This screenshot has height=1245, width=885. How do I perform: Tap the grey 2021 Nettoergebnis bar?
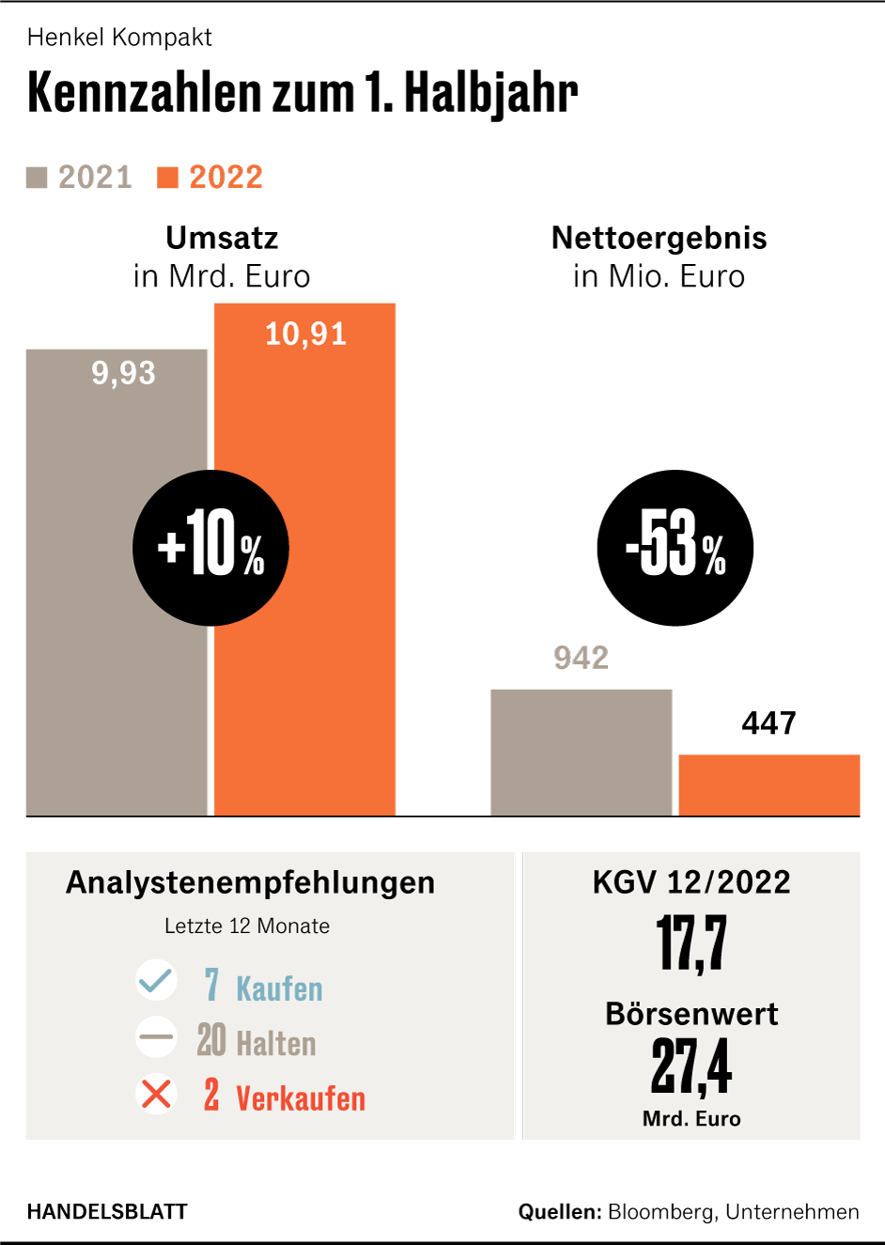click(581, 752)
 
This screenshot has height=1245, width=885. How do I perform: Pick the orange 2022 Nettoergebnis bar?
click(769, 785)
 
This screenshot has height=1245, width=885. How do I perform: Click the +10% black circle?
click(210, 548)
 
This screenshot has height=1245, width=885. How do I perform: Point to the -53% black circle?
click(675, 548)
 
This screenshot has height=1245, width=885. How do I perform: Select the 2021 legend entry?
click(80, 177)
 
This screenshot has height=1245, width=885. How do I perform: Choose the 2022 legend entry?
click(210, 177)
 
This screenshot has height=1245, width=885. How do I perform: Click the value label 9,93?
click(123, 373)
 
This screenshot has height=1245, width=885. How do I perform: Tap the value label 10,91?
click(305, 334)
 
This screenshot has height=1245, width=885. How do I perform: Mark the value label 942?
click(581, 658)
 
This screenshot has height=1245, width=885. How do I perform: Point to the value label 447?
click(769, 723)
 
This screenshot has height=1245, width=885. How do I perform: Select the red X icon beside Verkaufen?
click(156, 1094)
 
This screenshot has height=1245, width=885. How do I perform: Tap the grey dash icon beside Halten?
click(156, 1038)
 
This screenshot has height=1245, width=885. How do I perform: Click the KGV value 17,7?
click(691, 943)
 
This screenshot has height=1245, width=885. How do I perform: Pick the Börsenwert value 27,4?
click(691, 1066)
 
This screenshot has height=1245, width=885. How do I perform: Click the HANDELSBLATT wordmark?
click(107, 1212)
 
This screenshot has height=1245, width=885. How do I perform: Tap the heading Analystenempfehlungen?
click(251, 882)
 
